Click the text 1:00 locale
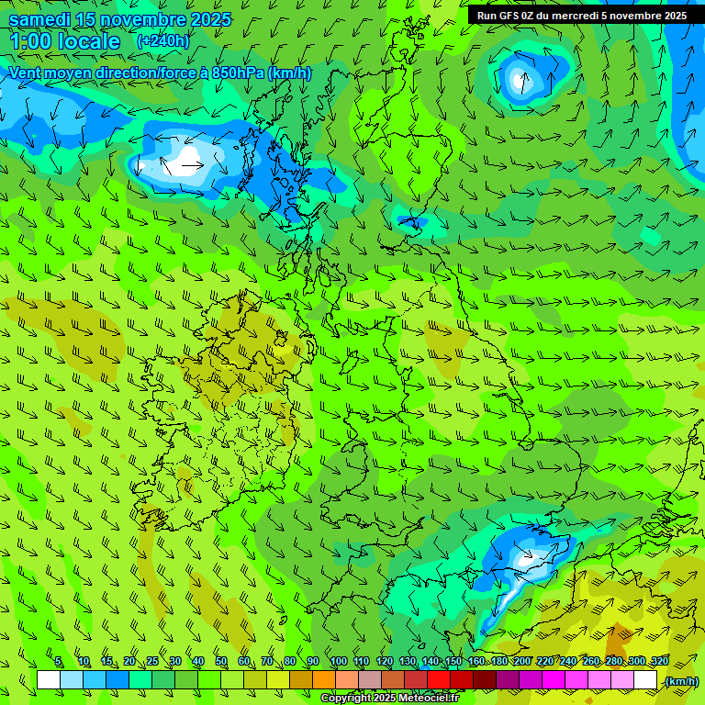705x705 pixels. point(65,41)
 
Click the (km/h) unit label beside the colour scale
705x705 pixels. point(681,680)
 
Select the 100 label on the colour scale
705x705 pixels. point(338,661)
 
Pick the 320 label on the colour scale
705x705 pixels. point(659,661)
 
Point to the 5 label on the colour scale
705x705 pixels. point(59,661)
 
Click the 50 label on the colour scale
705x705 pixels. point(221,661)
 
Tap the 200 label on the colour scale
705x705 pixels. point(521,661)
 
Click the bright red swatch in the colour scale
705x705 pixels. point(439,680)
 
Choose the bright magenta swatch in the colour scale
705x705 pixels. point(554,680)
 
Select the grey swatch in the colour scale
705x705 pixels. point(370,680)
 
